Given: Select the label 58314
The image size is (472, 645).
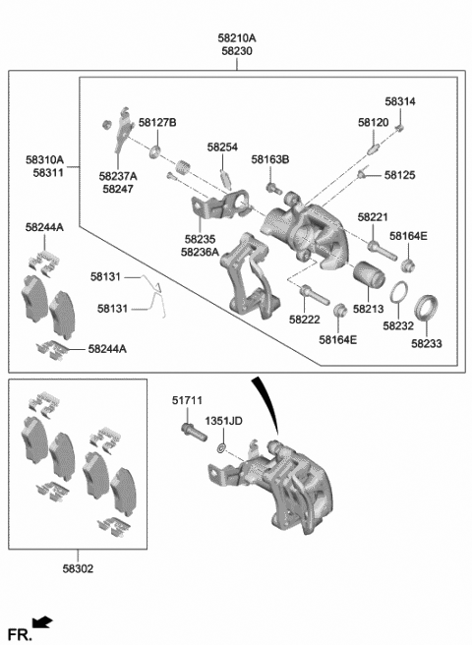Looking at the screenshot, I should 400,102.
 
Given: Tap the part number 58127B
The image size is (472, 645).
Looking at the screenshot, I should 157,122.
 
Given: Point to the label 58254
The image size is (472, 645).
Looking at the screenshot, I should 222,147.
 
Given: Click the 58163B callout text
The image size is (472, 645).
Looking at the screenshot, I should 269,158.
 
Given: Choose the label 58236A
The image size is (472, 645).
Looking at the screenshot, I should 200,252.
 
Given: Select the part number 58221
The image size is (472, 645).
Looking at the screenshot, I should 373,216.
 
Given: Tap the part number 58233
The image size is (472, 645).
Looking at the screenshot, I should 427,344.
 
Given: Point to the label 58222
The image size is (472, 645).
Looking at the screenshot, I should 304,320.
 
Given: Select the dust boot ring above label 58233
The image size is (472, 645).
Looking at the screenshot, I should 427,307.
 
